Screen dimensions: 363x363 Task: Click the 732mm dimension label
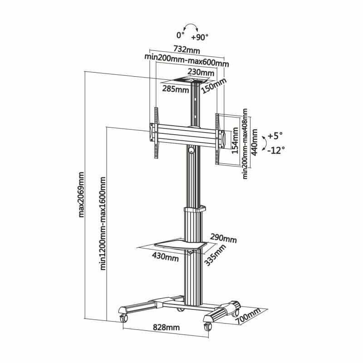point(186,49)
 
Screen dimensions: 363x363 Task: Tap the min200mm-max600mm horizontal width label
point(186,57)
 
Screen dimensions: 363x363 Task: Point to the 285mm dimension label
point(176,89)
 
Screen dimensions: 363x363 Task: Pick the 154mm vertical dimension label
point(235,141)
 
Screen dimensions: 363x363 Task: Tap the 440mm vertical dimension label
point(254,142)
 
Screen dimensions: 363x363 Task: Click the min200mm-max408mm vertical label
point(245,143)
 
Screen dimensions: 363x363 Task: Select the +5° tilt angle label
point(275,135)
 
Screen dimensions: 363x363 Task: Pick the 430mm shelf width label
point(165,257)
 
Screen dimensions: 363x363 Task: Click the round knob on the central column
point(191,149)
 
